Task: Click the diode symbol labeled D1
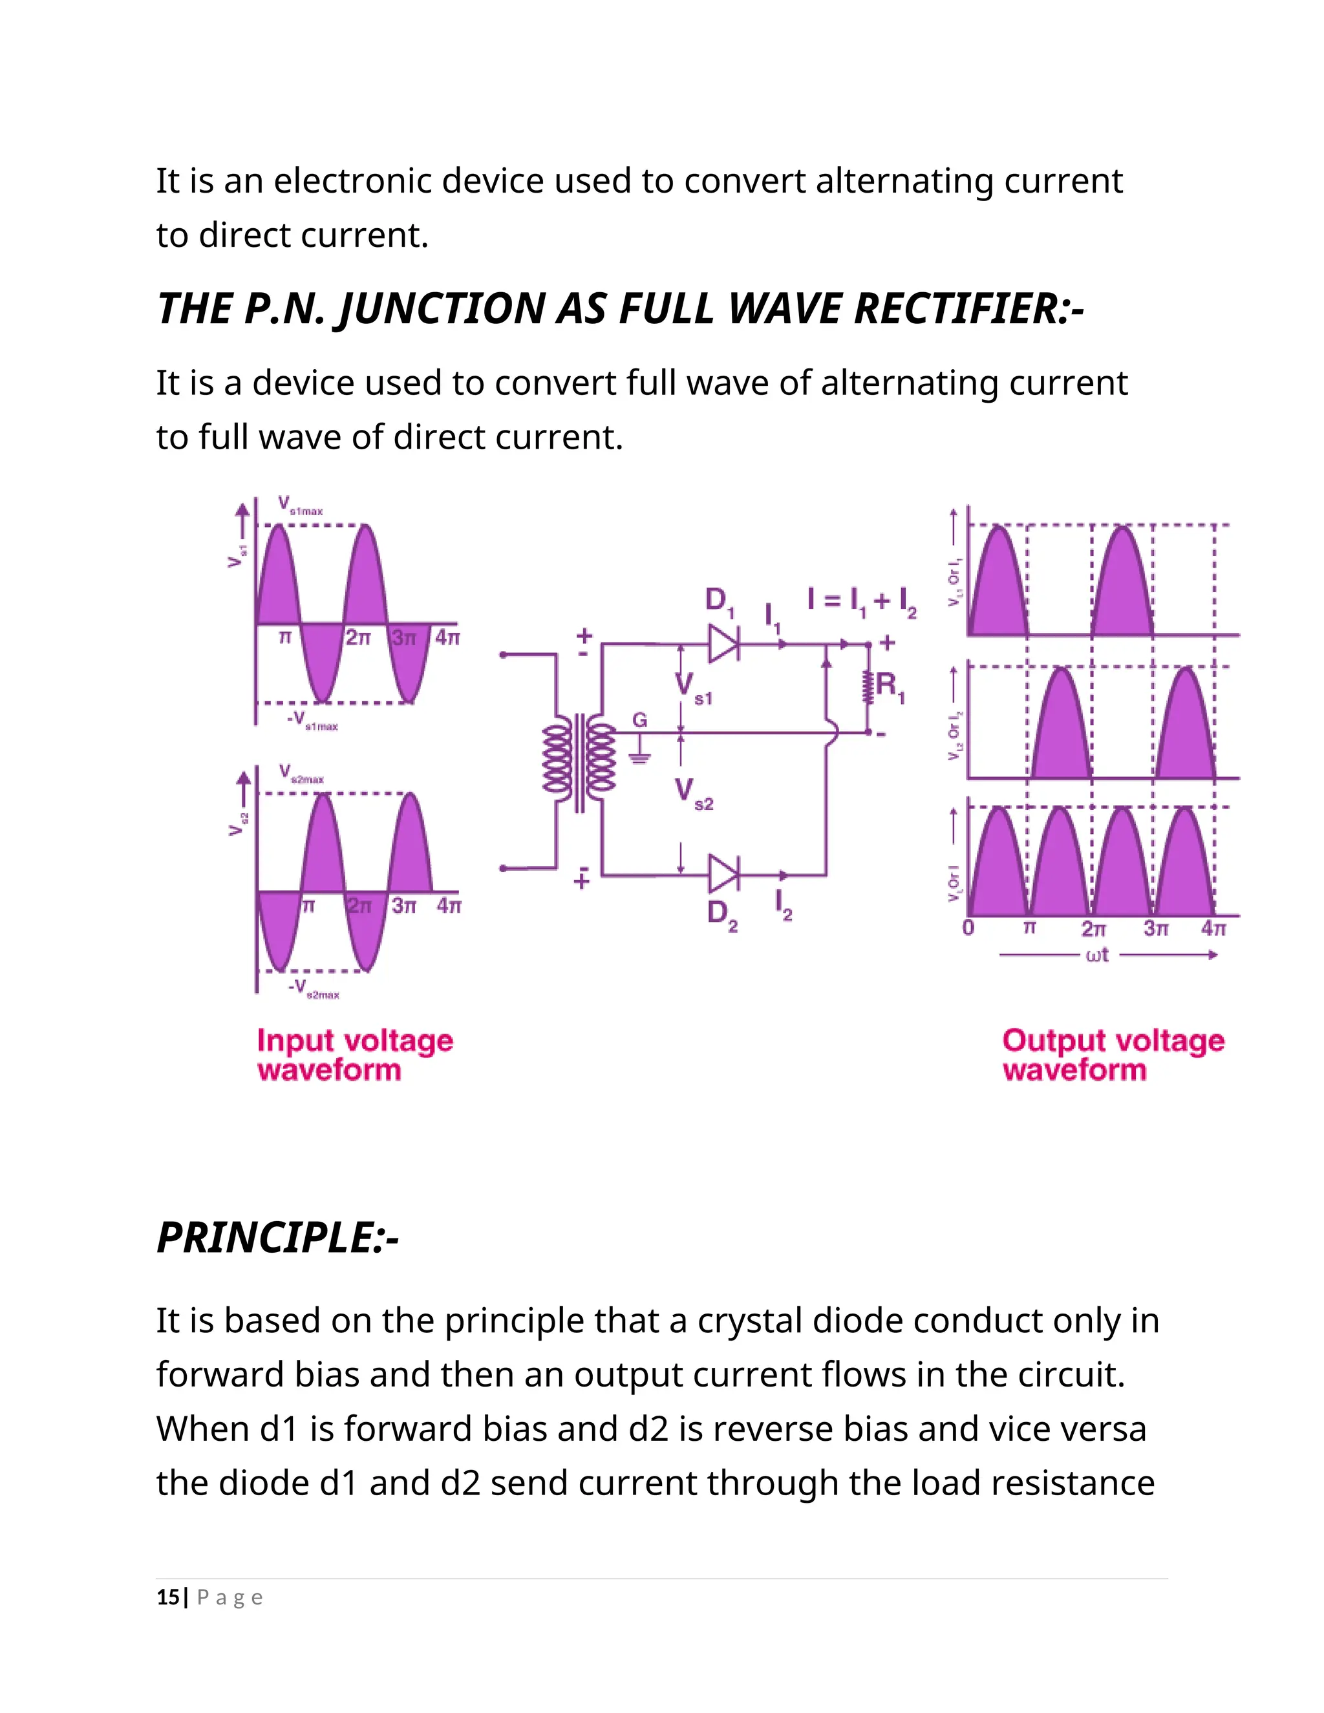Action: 722,644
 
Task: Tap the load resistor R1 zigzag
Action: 868,688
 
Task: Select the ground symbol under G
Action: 640,757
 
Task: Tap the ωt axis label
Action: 1097,955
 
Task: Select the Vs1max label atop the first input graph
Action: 301,506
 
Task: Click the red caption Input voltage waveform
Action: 354,1055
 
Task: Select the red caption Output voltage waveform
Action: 1112,1055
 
